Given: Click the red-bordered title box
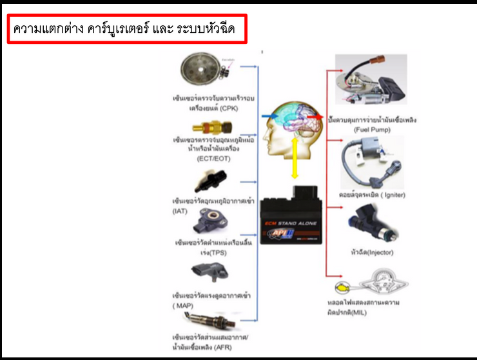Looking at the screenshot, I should (x=127, y=30).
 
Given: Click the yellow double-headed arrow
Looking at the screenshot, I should (x=294, y=159).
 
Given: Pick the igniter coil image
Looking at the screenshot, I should (x=371, y=162).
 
